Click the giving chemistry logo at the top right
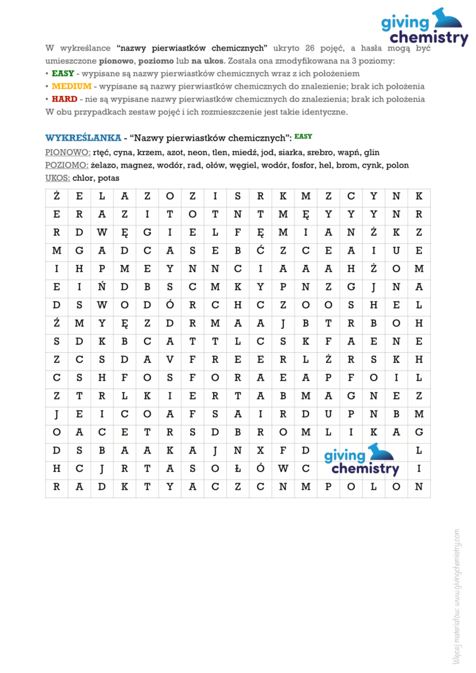(x=424, y=27)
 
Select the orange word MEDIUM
(x=72, y=86)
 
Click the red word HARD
(x=64, y=99)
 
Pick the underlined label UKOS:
(x=58, y=177)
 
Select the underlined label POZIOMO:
(x=67, y=165)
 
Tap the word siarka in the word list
(x=291, y=152)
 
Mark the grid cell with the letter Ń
(x=102, y=287)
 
